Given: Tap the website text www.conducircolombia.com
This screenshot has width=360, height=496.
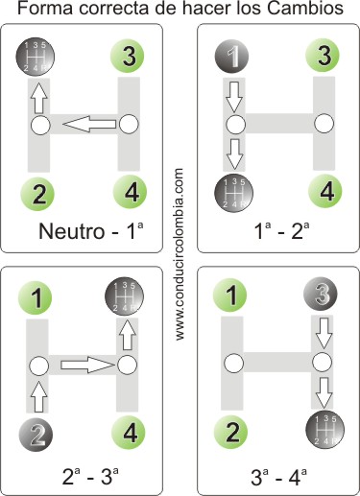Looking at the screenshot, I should point(180,254).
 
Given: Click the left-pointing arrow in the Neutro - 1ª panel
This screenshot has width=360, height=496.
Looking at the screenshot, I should point(91,125).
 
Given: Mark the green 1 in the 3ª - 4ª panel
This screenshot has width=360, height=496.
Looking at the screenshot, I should point(230,295).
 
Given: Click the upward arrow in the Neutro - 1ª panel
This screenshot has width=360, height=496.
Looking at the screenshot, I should point(39,97).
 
